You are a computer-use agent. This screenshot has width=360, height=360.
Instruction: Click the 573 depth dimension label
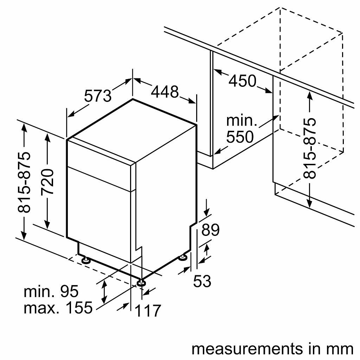(x=98, y=96)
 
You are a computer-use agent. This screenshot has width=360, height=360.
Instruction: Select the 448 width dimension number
(x=165, y=92)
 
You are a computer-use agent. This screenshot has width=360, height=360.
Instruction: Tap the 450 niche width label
(x=243, y=81)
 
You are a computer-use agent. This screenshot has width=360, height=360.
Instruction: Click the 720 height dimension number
(x=48, y=182)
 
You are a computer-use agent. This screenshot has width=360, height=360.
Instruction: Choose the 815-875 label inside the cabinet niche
(x=310, y=148)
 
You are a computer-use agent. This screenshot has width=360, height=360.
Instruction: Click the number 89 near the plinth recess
(x=210, y=230)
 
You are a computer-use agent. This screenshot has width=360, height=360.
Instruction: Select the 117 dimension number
(x=148, y=311)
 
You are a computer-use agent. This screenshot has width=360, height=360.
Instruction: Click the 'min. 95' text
(x=51, y=291)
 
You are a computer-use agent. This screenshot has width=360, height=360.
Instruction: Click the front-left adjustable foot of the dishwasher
(x=86, y=261)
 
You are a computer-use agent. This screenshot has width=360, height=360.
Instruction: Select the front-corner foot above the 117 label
(x=141, y=282)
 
